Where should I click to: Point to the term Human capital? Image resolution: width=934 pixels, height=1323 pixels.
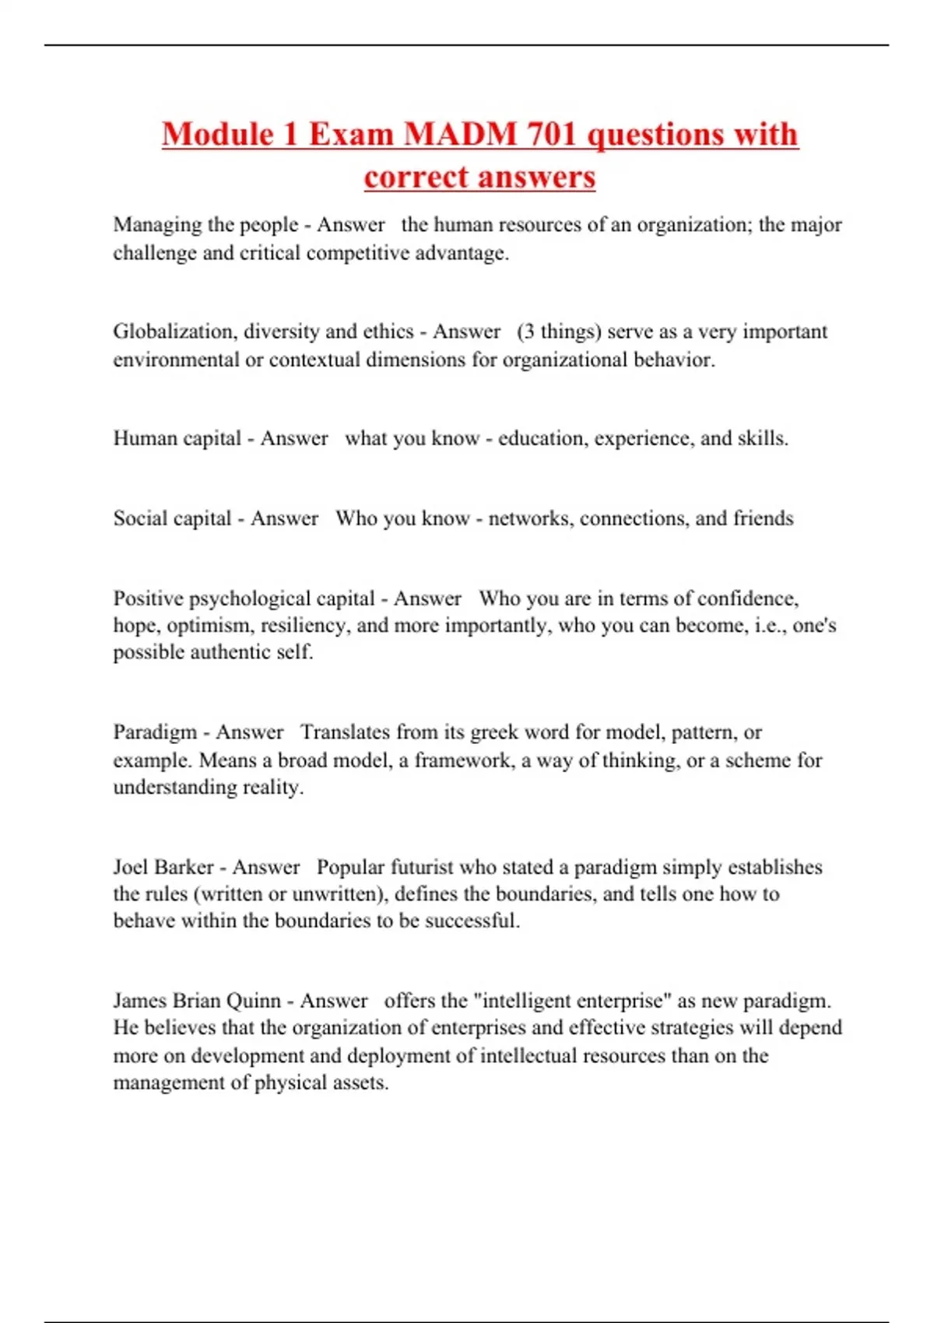pyautogui.click(x=177, y=438)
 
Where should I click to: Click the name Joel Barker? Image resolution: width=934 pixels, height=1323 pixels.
pyautogui.click(x=163, y=867)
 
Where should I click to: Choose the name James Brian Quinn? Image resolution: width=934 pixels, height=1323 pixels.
pyautogui.click(x=197, y=1001)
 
